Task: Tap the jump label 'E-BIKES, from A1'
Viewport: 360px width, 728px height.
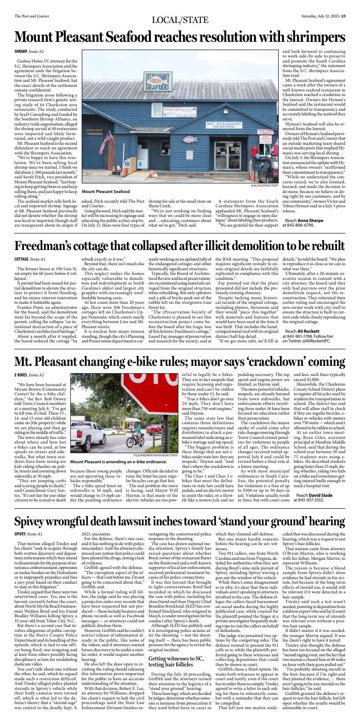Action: pos(29,388)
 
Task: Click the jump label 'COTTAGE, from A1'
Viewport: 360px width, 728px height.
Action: pos(30,259)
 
